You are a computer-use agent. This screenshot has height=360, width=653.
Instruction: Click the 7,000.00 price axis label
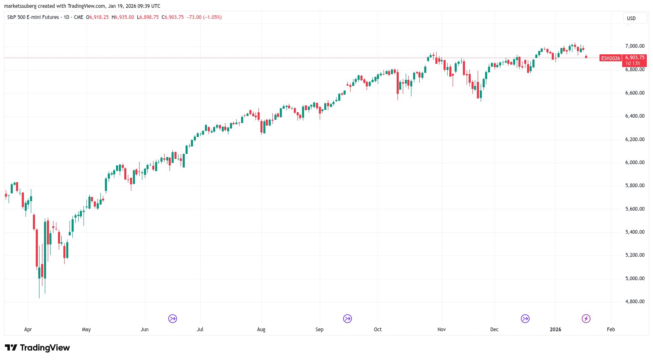634,46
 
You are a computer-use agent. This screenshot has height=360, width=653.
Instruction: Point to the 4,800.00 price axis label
634,302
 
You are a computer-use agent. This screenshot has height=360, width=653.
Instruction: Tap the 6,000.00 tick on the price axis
634,163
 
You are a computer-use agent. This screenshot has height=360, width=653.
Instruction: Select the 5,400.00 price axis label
634,232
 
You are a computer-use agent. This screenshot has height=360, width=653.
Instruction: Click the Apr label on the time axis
28,330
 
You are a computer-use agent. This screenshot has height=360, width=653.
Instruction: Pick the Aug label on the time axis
261,330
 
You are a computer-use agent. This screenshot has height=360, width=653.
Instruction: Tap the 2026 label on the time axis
555,330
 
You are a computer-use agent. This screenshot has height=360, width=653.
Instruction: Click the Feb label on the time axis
611,330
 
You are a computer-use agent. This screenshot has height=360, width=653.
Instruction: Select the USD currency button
631,19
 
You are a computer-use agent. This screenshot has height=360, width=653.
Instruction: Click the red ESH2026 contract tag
611,58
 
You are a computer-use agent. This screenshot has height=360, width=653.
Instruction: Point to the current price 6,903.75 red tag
635,58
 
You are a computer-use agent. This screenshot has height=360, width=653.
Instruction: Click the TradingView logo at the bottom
37,348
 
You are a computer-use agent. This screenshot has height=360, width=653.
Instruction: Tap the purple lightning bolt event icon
586,318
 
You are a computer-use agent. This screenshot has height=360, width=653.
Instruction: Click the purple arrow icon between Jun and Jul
172,318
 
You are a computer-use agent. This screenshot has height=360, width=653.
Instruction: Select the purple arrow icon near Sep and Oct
348,318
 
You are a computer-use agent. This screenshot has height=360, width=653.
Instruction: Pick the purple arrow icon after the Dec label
525,318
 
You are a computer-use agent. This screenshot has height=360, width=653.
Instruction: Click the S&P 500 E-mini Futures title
33,17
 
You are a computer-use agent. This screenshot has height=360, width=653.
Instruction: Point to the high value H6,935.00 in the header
123,17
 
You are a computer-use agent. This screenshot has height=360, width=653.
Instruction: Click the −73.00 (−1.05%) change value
204,17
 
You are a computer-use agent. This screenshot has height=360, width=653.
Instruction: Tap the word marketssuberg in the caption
20,6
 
